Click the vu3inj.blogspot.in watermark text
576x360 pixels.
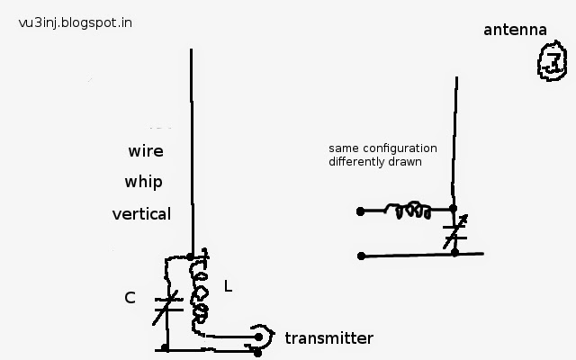76,23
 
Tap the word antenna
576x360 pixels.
515,30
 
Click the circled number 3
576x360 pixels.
552,61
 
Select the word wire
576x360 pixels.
146,151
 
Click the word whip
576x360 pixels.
144,182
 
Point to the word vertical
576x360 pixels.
141,214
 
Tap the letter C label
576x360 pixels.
130,298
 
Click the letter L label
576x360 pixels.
228,286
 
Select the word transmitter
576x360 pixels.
329,338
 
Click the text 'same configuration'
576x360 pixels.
382,148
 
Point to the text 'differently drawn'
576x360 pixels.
375,162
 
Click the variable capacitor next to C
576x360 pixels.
168,306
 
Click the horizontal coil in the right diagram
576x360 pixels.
408,210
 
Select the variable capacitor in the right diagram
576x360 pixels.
454,232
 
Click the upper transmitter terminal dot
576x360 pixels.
258,337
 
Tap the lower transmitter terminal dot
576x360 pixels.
257,353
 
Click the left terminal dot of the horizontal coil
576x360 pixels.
360,211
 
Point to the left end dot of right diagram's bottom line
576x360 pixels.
361,256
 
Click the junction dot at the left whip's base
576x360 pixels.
190,256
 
